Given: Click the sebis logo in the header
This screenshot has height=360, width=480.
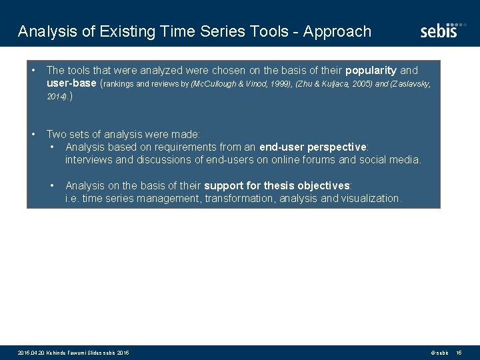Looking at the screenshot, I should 439,31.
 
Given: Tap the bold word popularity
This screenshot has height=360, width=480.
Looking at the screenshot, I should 371,70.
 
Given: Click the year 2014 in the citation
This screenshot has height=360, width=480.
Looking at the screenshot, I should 56,97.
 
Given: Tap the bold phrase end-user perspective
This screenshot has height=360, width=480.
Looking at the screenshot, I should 314,147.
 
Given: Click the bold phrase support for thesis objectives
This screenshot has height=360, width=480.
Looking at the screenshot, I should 277,185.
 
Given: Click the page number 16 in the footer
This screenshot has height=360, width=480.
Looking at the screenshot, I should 459,352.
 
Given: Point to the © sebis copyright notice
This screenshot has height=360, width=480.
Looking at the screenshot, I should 439,352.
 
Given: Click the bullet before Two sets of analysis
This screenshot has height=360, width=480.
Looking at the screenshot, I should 33,134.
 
